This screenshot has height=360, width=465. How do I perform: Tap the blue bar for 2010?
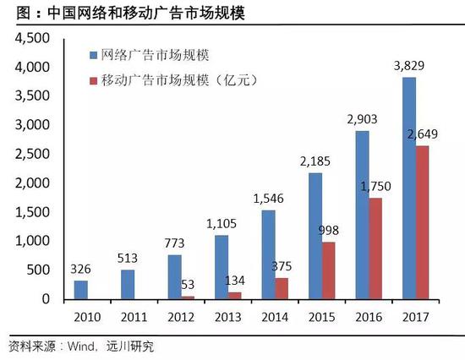tap(81, 290)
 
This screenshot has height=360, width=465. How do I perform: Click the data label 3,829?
tap(408, 68)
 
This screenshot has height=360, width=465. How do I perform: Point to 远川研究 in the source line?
tap(130, 346)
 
